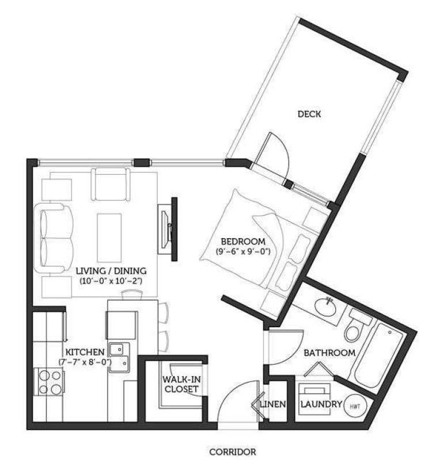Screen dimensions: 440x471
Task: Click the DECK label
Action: click(x=309, y=114)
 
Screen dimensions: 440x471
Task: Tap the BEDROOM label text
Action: click(x=243, y=241)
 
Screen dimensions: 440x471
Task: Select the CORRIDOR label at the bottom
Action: click(x=233, y=451)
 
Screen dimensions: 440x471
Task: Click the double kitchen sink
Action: click(x=119, y=358)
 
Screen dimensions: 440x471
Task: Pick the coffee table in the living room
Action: click(x=109, y=238)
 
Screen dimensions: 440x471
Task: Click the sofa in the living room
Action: click(x=53, y=238)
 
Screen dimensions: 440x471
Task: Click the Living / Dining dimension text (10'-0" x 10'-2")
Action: click(x=111, y=281)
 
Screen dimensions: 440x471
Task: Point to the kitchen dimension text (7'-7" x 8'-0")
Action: click(x=85, y=362)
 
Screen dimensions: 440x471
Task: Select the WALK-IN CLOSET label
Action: click(x=181, y=384)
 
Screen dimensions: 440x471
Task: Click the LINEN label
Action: click(x=273, y=404)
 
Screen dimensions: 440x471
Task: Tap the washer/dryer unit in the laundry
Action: click(x=314, y=399)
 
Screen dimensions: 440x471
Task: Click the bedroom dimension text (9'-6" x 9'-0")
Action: click(x=243, y=251)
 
